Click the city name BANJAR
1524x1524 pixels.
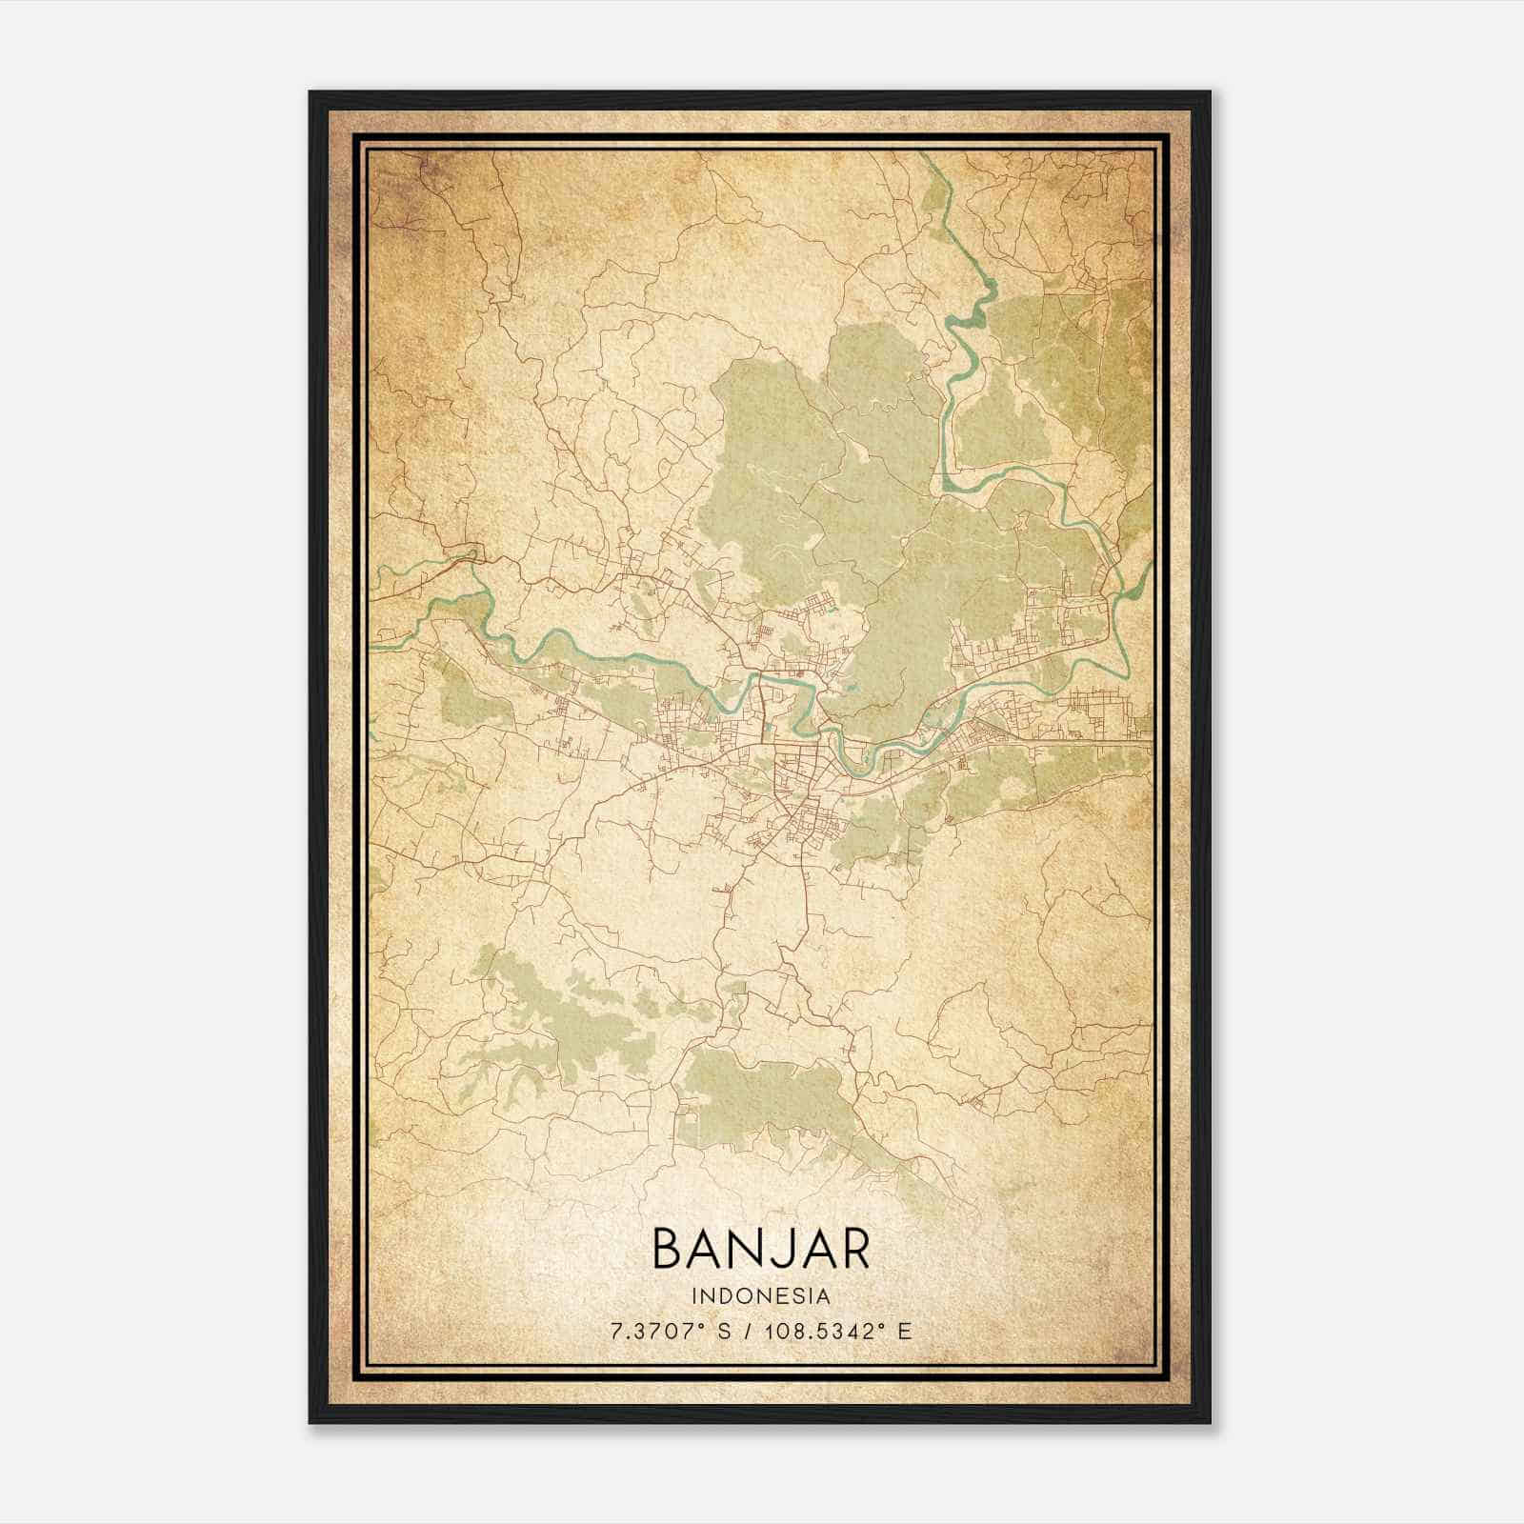coord(761,1248)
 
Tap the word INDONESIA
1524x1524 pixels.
coord(761,1296)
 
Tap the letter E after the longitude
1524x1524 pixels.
coord(905,1330)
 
